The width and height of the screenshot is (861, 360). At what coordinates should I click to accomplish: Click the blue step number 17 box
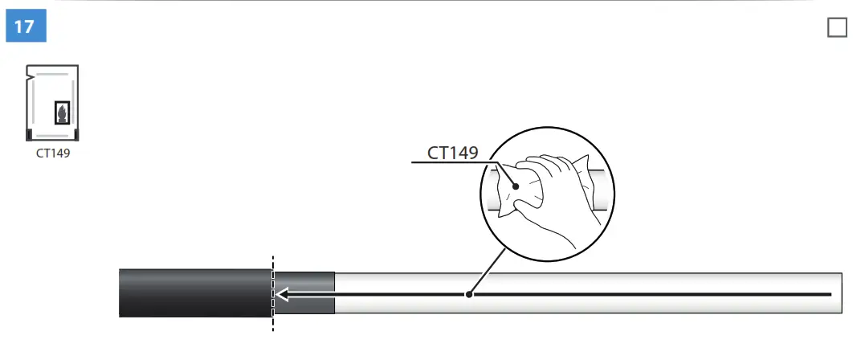pos(26,27)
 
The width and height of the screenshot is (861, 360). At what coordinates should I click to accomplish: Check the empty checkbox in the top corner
pos(837,27)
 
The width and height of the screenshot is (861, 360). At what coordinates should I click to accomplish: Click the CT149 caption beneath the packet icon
pos(53,153)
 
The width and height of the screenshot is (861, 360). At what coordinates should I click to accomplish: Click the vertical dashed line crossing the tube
pos(273,321)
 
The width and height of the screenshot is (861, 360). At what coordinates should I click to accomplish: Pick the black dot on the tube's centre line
pos(470,294)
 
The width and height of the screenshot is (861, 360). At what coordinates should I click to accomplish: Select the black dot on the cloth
pos(516,186)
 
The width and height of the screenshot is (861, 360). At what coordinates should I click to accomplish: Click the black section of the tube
pos(193,294)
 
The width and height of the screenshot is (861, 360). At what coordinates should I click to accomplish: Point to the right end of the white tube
pos(839,294)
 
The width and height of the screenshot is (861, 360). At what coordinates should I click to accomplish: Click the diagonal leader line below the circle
pos(488,270)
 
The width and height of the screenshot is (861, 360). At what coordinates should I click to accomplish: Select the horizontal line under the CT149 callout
pos(450,163)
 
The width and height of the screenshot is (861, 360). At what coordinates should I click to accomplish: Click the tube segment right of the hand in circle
pos(601,190)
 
